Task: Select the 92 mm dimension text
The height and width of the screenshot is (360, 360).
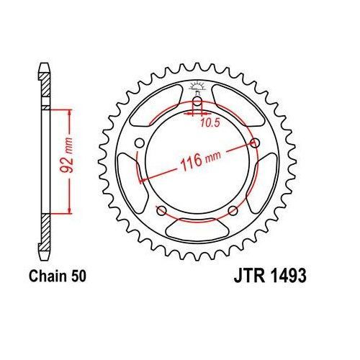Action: point(66,156)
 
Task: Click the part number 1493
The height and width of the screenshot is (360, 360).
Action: point(289,276)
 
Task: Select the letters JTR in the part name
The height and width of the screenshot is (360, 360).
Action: point(249,276)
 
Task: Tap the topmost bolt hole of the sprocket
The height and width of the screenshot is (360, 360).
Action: point(197,102)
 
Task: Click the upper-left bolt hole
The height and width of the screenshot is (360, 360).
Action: point(139,143)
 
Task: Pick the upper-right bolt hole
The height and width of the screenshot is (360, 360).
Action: point(255,143)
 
